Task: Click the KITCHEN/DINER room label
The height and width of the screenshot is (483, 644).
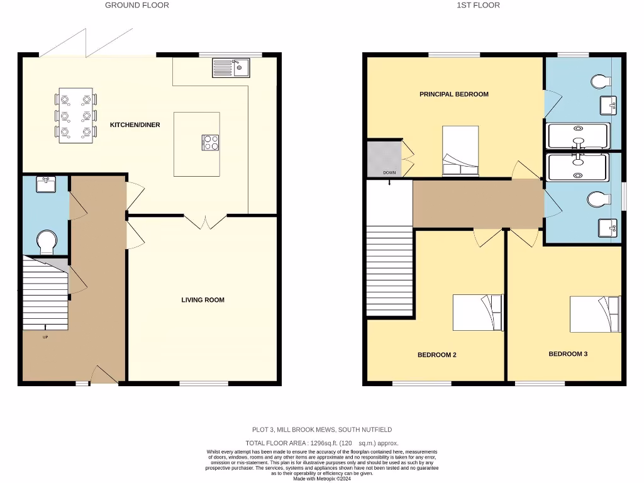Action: [x=135, y=125]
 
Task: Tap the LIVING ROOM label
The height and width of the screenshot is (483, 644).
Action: [x=203, y=300]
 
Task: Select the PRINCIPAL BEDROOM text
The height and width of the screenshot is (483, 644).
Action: [x=454, y=94]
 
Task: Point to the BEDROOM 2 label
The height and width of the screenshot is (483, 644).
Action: [x=436, y=355]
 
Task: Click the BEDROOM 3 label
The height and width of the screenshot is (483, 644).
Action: [x=568, y=354]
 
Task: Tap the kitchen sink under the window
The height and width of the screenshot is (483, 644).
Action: [x=231, y=67]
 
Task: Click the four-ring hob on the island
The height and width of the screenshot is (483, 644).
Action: [x=210, y=143]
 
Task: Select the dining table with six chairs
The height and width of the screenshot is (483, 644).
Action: [x=76, y=115]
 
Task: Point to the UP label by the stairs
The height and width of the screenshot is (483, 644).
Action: [x=45, y=337]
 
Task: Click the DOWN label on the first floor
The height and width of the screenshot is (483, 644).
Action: [x=390, y=172]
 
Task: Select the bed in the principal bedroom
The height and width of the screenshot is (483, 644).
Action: [x=460, y=151]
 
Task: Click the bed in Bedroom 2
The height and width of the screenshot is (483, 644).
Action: [x=478, y=313]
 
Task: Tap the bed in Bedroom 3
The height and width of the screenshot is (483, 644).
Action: [x=595, y=314]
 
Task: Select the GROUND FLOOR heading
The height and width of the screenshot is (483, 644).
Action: [x=136, y=5]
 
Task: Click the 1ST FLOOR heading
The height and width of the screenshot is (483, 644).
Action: [x=478, y=5]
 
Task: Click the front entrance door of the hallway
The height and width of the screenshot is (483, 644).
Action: [x=104, y=376]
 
